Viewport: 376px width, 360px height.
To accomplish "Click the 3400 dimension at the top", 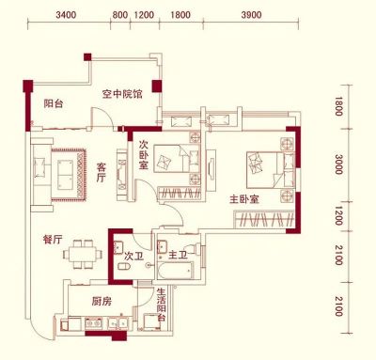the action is coord(66,15).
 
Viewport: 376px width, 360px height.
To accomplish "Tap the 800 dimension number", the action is coord(119,15).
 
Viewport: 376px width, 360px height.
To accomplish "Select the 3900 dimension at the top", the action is coord(251,15).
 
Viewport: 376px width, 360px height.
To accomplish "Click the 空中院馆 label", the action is coord(122,94).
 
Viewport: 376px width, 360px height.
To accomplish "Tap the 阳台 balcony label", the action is coord(54,103).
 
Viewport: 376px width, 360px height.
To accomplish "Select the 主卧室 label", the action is coord(244,199).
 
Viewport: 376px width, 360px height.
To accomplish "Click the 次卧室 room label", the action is coord(144,155).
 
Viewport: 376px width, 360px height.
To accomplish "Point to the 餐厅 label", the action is coord(53,240).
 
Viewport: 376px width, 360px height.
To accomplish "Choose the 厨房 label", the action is coord(102,302).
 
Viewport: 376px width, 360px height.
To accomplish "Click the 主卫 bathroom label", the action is coord(178,256).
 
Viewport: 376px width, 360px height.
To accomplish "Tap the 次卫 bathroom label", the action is coord(133,257).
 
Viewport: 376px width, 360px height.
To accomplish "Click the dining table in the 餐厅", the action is coord(83,254).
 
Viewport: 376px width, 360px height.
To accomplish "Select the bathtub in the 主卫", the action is coord(175,271).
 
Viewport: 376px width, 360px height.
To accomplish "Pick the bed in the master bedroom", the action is coord(271,170).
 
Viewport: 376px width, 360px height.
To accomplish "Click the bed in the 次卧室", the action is coord(177,158).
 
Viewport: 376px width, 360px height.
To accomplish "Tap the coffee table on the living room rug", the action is coord(65,174).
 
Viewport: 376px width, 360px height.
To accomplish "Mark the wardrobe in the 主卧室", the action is coord(264,219).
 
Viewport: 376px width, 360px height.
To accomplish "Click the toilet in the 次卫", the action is coord(124,267).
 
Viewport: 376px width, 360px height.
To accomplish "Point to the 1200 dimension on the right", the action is coord(338,216).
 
